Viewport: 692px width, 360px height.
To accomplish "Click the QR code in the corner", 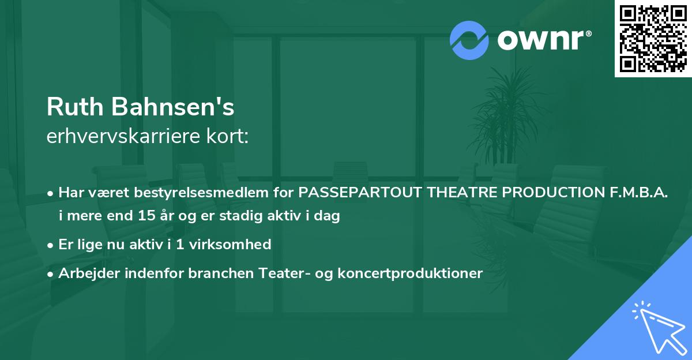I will [x=653, y=38].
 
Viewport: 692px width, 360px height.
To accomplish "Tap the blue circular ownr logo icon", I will [x=469, y=40].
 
